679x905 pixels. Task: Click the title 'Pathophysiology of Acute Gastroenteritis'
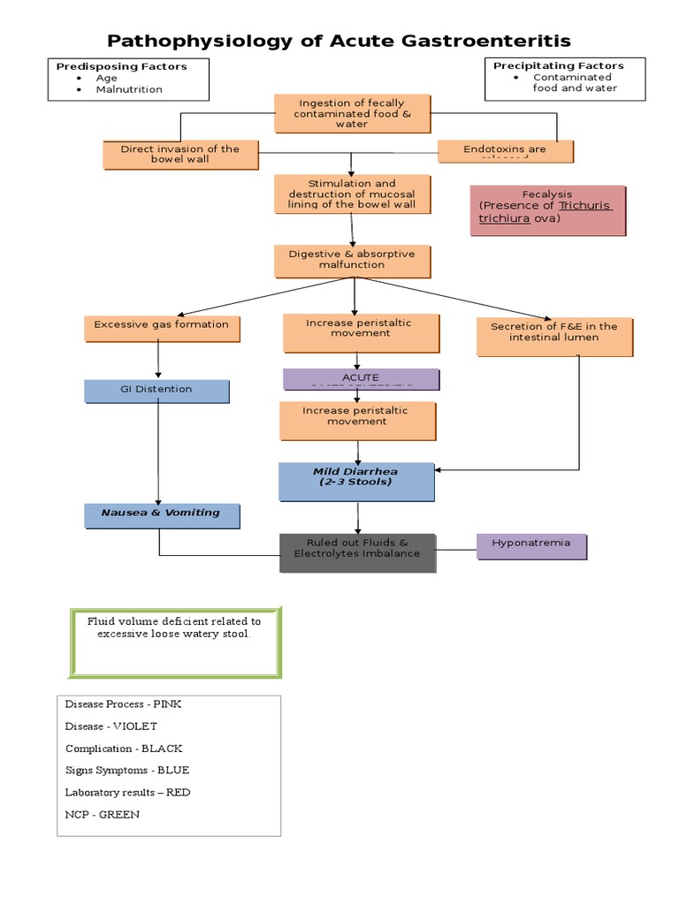click(x=339, y=41)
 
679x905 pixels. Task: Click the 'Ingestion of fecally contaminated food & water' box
click(x=351, y=114)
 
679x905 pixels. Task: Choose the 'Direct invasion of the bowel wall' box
click(x=180, y=155)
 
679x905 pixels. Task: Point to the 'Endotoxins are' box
click(x=505, y=150)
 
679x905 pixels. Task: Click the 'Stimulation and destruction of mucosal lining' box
click(x=351, y=194)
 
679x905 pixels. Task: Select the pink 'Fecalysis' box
click(x=546, y=209)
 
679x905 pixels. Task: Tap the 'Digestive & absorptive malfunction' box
click(x=351, y=260)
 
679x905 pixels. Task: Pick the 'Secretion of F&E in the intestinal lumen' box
click(x=554, y=336)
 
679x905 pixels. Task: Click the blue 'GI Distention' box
click(x=156, y=391)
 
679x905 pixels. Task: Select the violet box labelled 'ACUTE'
click(x=360, y=378)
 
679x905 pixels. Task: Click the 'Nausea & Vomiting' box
click(x=161, y=514)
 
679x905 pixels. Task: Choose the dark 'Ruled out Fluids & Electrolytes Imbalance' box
click(x=357, y=552)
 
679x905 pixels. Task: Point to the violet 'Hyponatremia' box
click(x=530, y=545)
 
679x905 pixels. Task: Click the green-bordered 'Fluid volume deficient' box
click(x=174, y=641)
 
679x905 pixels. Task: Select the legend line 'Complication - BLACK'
click(x=124, y=749)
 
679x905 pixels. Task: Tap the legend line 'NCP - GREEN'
click(x=103, y=814)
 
